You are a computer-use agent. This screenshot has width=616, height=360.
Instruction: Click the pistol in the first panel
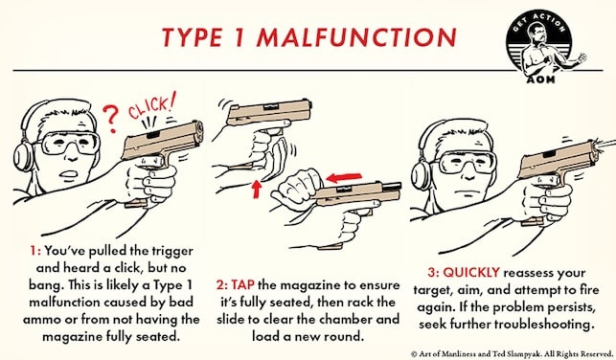168,147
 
